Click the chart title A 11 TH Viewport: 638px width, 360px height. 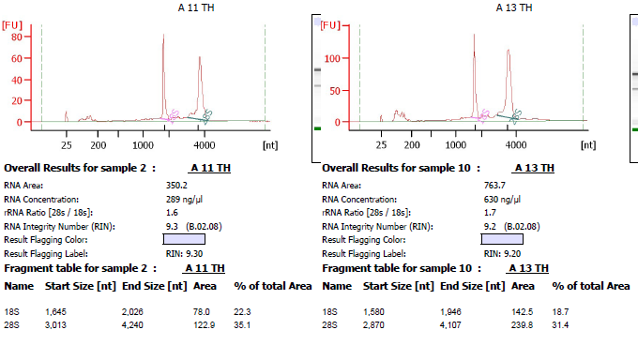tap(196, 7)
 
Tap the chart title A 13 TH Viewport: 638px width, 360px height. tap(514, 7)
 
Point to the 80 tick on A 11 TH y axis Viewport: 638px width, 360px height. tap(17, 37)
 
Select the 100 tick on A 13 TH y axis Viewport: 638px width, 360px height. tap(332, 58)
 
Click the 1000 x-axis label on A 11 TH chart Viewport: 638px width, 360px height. tap(143, 145)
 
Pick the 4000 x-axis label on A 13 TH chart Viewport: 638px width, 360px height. tap(516, 145)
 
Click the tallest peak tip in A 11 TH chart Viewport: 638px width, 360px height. tap(163, 35)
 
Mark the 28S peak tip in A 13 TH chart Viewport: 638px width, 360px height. tap(509, 50)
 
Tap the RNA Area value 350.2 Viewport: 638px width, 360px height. tap(176, 186)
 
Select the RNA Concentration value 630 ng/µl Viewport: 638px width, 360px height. tap(502, 200)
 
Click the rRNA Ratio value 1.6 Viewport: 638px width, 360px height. tap(172, 213)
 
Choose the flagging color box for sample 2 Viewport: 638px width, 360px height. tap(184, 239)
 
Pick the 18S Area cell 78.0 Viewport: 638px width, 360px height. tap(202, 312)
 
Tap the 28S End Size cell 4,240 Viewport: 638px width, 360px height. tap(132, 325)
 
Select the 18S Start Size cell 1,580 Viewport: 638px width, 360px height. tap(373, 312)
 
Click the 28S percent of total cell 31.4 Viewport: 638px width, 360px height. tap(560, 325)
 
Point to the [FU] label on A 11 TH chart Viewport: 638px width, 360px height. tap(12, 25)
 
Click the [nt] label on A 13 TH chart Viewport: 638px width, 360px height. tap(588, 145)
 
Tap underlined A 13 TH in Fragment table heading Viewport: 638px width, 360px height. tap(528, 268)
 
